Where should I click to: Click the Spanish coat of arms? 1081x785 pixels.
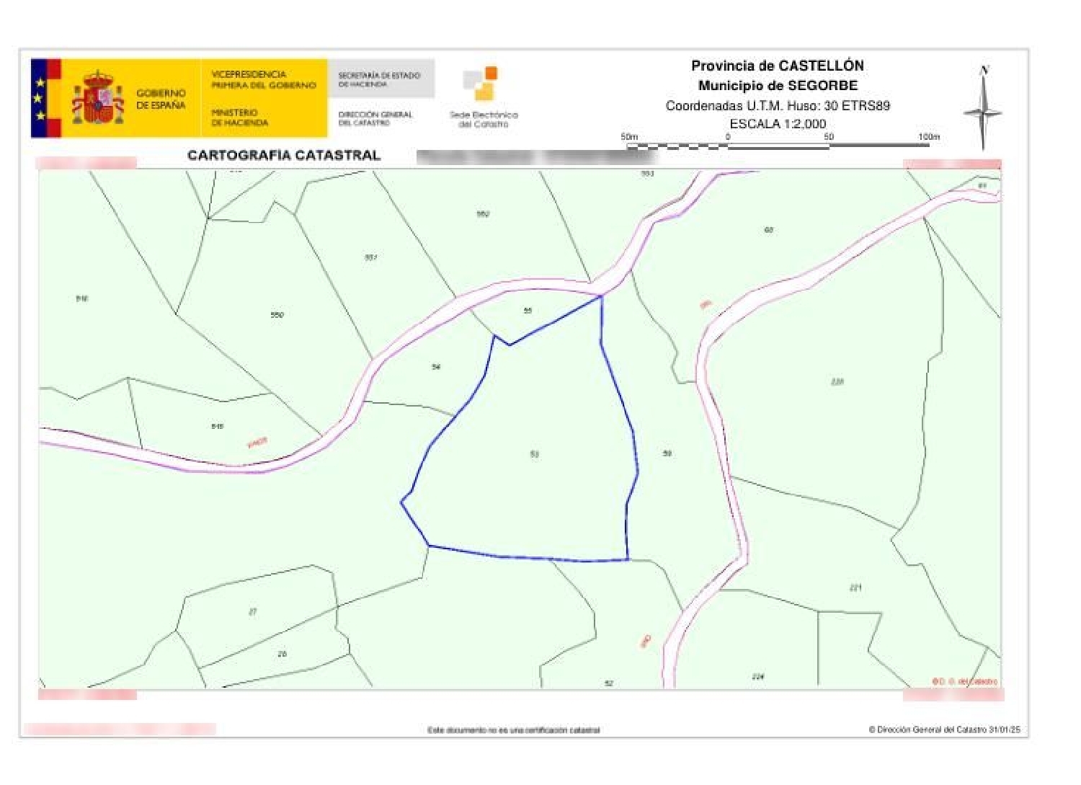tap(97, 99)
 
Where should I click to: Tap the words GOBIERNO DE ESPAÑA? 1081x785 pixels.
tap(161, 99)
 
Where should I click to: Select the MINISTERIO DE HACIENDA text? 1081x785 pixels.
tap(239, 117)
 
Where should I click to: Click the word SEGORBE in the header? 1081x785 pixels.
tap(822, 85)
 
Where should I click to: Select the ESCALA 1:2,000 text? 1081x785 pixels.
tap(778, 124)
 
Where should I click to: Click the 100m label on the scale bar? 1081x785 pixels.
tap(928, 136)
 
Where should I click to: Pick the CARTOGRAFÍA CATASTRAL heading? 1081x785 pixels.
tap(284, 155)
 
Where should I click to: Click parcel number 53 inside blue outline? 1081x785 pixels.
tap(534, 454)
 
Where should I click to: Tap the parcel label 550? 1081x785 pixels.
tap(277, 315)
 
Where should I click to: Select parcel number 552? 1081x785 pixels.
tap(483, 214)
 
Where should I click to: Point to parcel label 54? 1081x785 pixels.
tap(436, 367)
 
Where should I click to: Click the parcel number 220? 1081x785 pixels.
tap(837, 381)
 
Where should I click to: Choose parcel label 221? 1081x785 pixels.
tap(855, 587)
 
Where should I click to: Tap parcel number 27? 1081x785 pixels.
tap(252, 612)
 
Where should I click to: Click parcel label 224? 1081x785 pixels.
tap(757, 676)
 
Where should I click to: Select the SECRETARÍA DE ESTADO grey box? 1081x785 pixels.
tap(381, 79)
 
